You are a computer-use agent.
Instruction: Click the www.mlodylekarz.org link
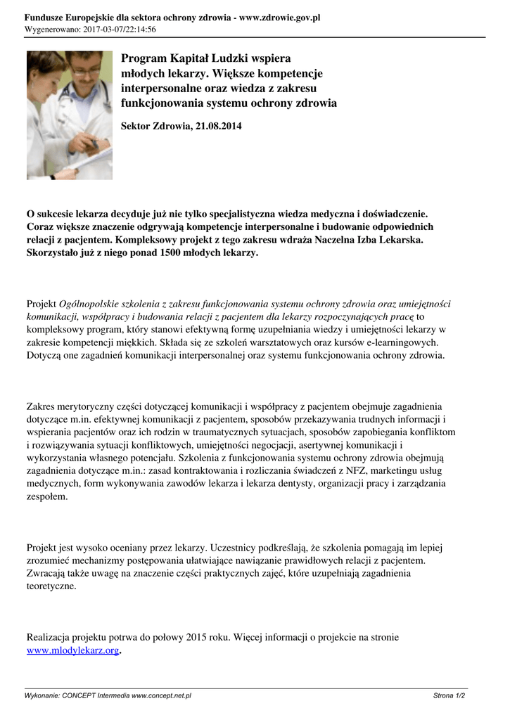pyautogui.click(x=72, y=650)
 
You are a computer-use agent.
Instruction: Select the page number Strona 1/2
pyautogui.click(x=449, y=695)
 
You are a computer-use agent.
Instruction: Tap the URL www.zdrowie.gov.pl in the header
pyautogui.click(x=280, y=18)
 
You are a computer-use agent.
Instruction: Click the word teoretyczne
pyautogui.click(x=51, y=586)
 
